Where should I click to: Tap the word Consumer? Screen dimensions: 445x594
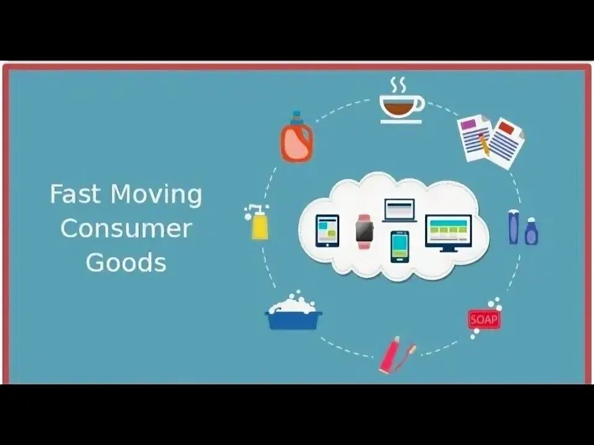[126, 229]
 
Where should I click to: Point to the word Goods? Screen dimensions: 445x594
[126, 262]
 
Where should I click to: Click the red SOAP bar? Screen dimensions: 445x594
[483, 320]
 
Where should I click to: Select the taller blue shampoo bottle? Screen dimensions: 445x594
[514, 227]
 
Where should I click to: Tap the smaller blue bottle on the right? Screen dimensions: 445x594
[531, 232]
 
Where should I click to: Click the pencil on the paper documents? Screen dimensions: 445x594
[484, 143]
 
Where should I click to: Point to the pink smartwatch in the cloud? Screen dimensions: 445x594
[365, 231]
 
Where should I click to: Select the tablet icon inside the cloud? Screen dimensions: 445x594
[327, 231]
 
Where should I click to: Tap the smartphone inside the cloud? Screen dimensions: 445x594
[400, 246]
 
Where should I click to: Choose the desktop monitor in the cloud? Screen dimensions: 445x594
[448, 232]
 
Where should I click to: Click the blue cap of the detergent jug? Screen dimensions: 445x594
[296, 116]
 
